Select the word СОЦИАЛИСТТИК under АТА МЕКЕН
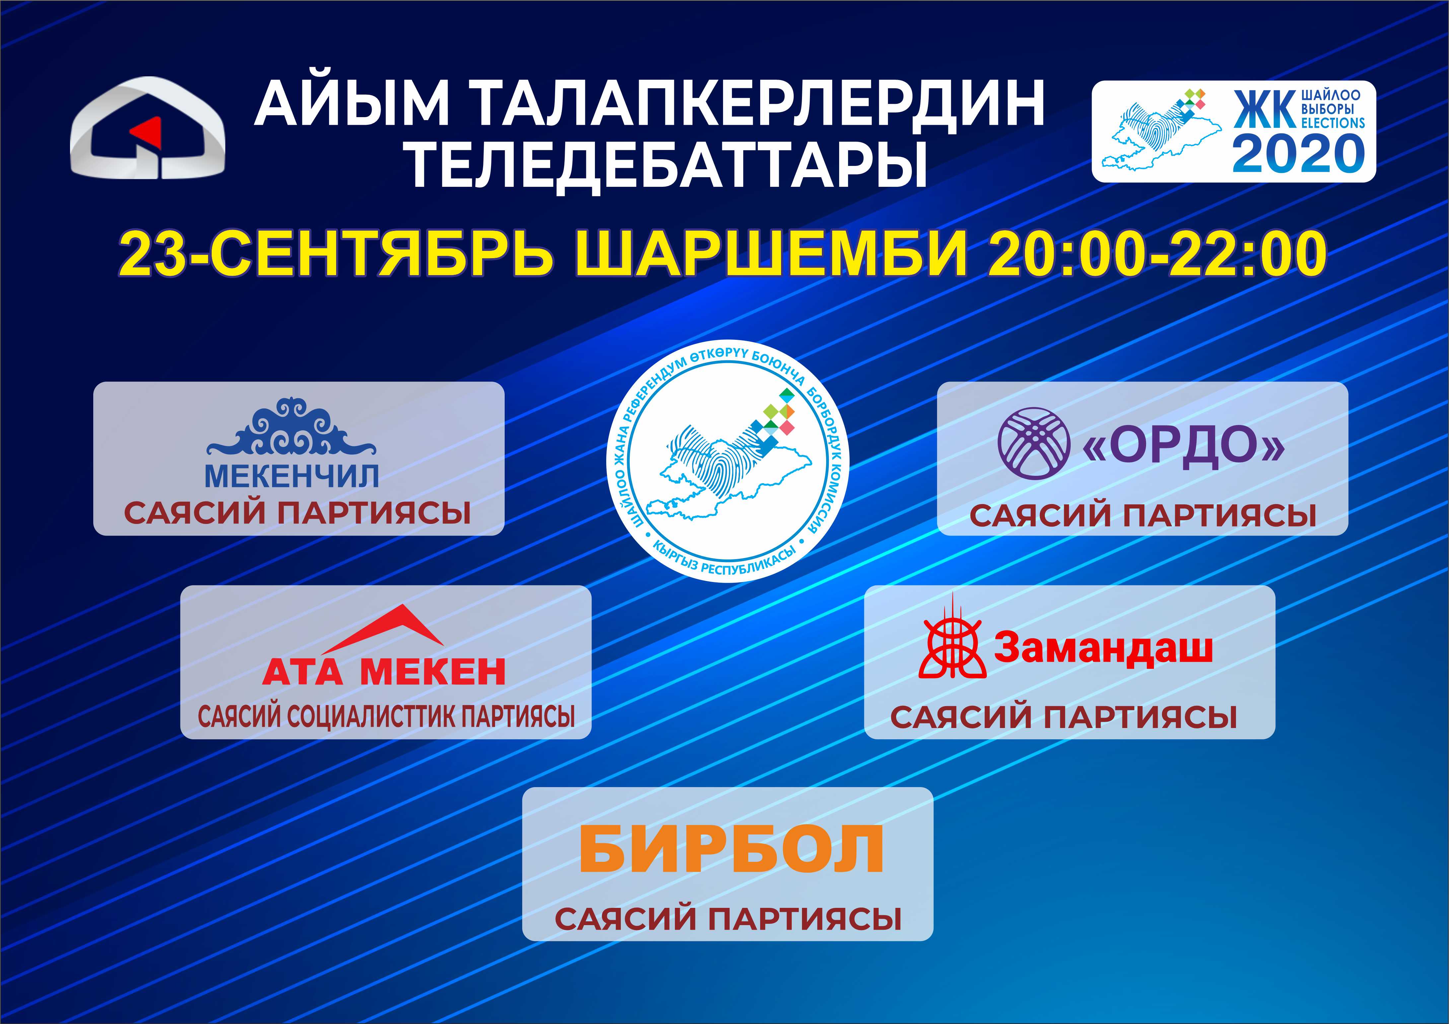[370, 716]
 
